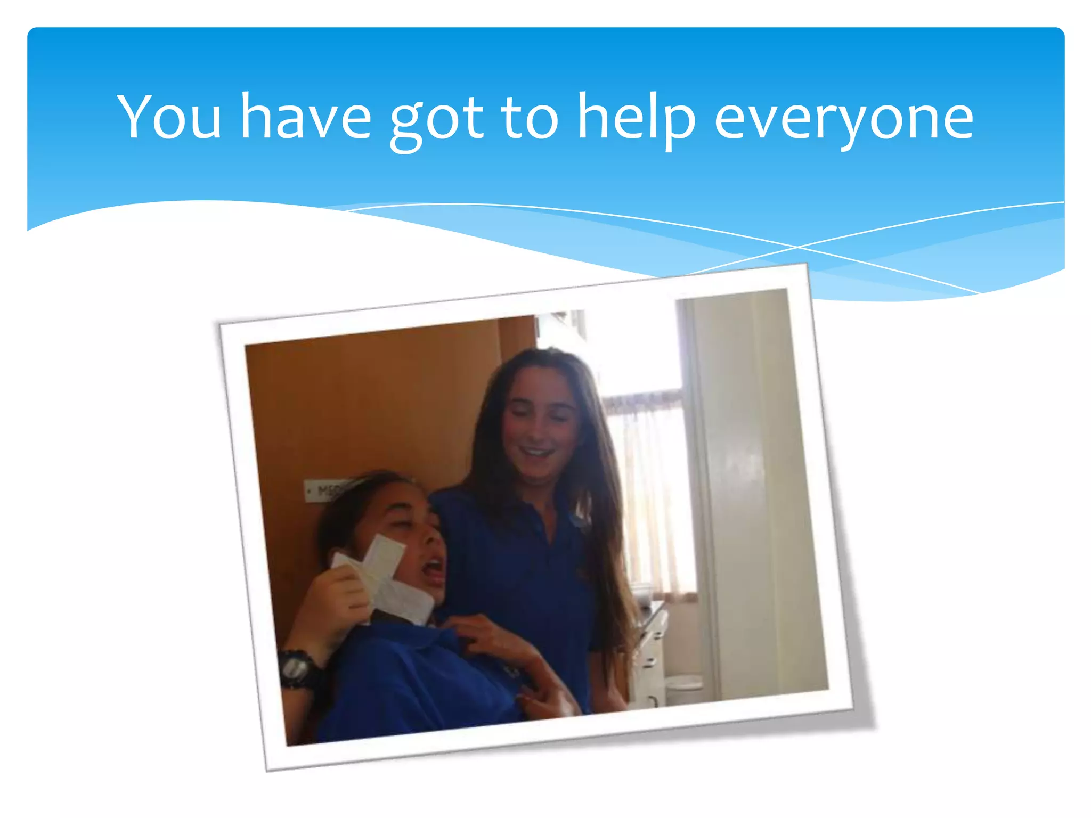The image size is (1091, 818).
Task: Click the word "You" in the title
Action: [x=169, y=117]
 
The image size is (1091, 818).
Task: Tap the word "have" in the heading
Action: [x=305, y=117]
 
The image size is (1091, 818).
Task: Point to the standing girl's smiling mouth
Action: [x=536, y=453]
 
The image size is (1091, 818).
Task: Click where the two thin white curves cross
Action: [x=797, y=247]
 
